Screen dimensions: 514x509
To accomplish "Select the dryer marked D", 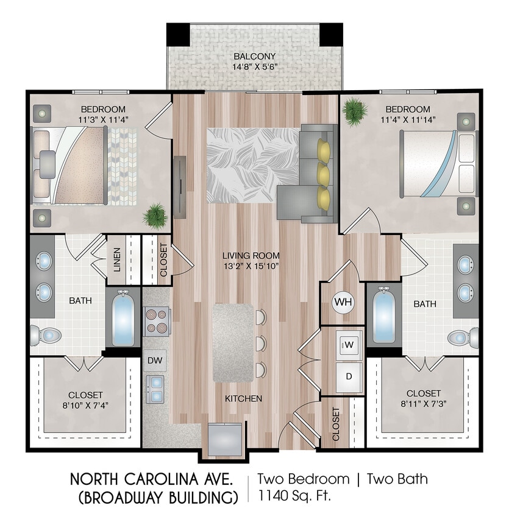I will [x=349, y=376].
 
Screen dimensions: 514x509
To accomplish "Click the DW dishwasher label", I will [x=155, y=361].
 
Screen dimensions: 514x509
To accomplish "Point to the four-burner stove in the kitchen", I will [x=157, y=320].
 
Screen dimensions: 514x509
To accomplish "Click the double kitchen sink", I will [x=155, y=389].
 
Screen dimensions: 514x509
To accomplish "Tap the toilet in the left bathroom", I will [x=46, y=334].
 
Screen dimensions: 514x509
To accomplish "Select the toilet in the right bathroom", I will [x=463, y=337].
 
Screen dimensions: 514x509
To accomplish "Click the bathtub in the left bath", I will [x=124, y=319].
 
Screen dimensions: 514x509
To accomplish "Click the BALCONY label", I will [x=254, y=57].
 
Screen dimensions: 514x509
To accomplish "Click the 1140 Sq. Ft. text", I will [x=294, y=495].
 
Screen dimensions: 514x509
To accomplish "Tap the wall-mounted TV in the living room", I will [x=179, y=187].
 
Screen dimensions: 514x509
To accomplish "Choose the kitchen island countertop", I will [x=232, y=343].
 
